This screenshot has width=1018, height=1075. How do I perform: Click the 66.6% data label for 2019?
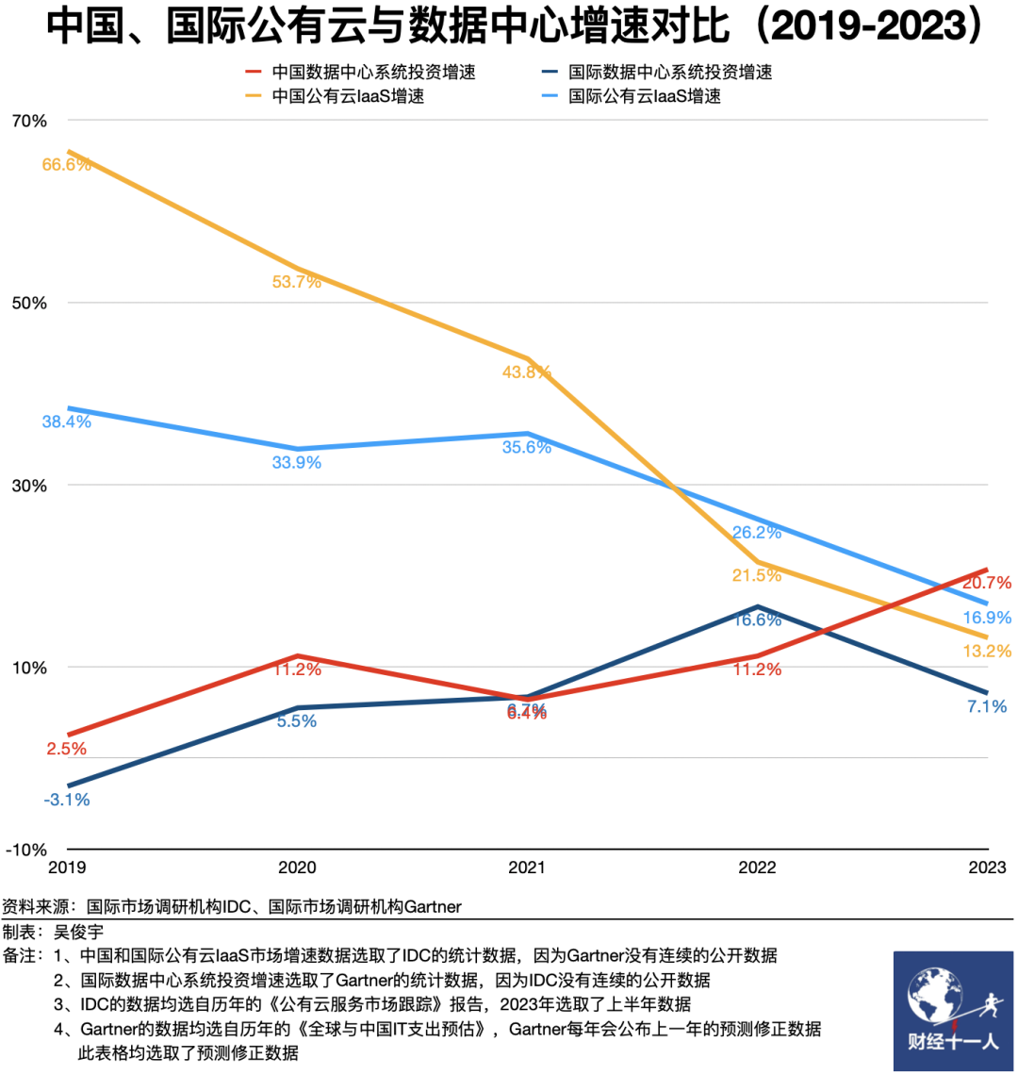point(66,164)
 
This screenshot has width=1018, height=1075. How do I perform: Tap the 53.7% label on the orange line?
point(297,281)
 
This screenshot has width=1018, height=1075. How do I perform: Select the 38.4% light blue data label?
point(66,422)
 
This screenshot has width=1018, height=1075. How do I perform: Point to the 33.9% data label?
point(297,462)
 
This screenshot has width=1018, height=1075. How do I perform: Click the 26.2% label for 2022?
point(757,532)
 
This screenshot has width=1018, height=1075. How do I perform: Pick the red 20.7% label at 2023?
point(987,582)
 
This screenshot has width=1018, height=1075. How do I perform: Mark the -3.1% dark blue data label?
point(66,800)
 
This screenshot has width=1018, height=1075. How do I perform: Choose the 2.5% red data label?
point(66,749)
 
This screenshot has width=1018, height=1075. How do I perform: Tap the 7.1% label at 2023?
point(987,705)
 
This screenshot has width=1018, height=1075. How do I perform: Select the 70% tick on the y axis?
point(28,121)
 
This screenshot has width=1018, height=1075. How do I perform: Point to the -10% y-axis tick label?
point(25,849)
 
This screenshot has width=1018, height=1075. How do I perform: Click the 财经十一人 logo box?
point(953,1011)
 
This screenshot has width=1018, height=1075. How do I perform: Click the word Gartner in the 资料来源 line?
point(432,906)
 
